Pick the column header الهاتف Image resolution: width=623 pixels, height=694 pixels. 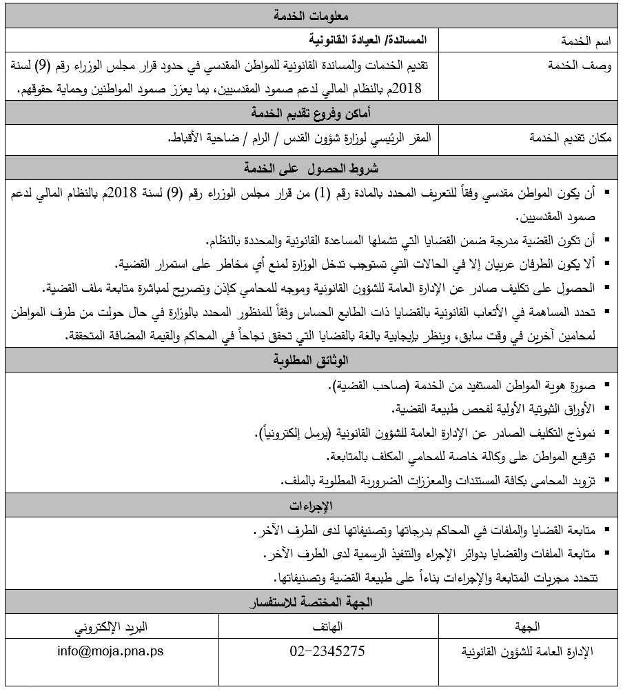pos(328,626)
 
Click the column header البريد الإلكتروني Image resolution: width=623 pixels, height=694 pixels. pos(111,626)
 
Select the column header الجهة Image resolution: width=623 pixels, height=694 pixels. pos(527,626)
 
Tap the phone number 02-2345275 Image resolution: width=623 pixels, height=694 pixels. pos(328,651)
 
